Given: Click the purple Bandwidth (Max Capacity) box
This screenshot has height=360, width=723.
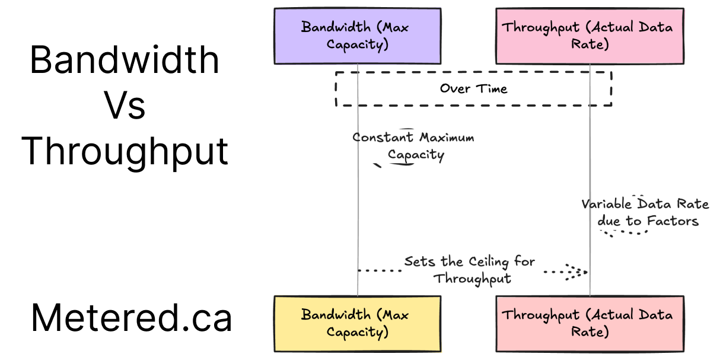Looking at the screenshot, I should (x=357, y=36).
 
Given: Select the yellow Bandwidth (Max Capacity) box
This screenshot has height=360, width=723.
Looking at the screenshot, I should (x=357, y=323).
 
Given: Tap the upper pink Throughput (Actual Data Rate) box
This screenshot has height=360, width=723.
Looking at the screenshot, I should (x=590, y=36).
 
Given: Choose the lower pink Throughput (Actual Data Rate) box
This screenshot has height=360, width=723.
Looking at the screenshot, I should (x=590, y=323).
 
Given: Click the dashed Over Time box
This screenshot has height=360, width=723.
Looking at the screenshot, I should (x=473, y=89).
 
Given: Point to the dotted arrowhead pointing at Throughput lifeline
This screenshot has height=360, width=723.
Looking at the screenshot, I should (x=577, y=272).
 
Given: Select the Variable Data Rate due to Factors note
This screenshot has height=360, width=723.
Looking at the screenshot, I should (x=645, y=212).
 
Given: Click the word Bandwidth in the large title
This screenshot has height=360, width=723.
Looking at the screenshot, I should (x=125, y=60).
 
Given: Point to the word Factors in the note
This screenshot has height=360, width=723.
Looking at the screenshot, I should (x=673, y=221).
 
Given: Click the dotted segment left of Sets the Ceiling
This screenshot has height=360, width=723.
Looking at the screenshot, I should (x=380, y=270).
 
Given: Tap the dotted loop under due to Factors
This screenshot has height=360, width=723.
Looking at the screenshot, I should (x=623, y=232).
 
